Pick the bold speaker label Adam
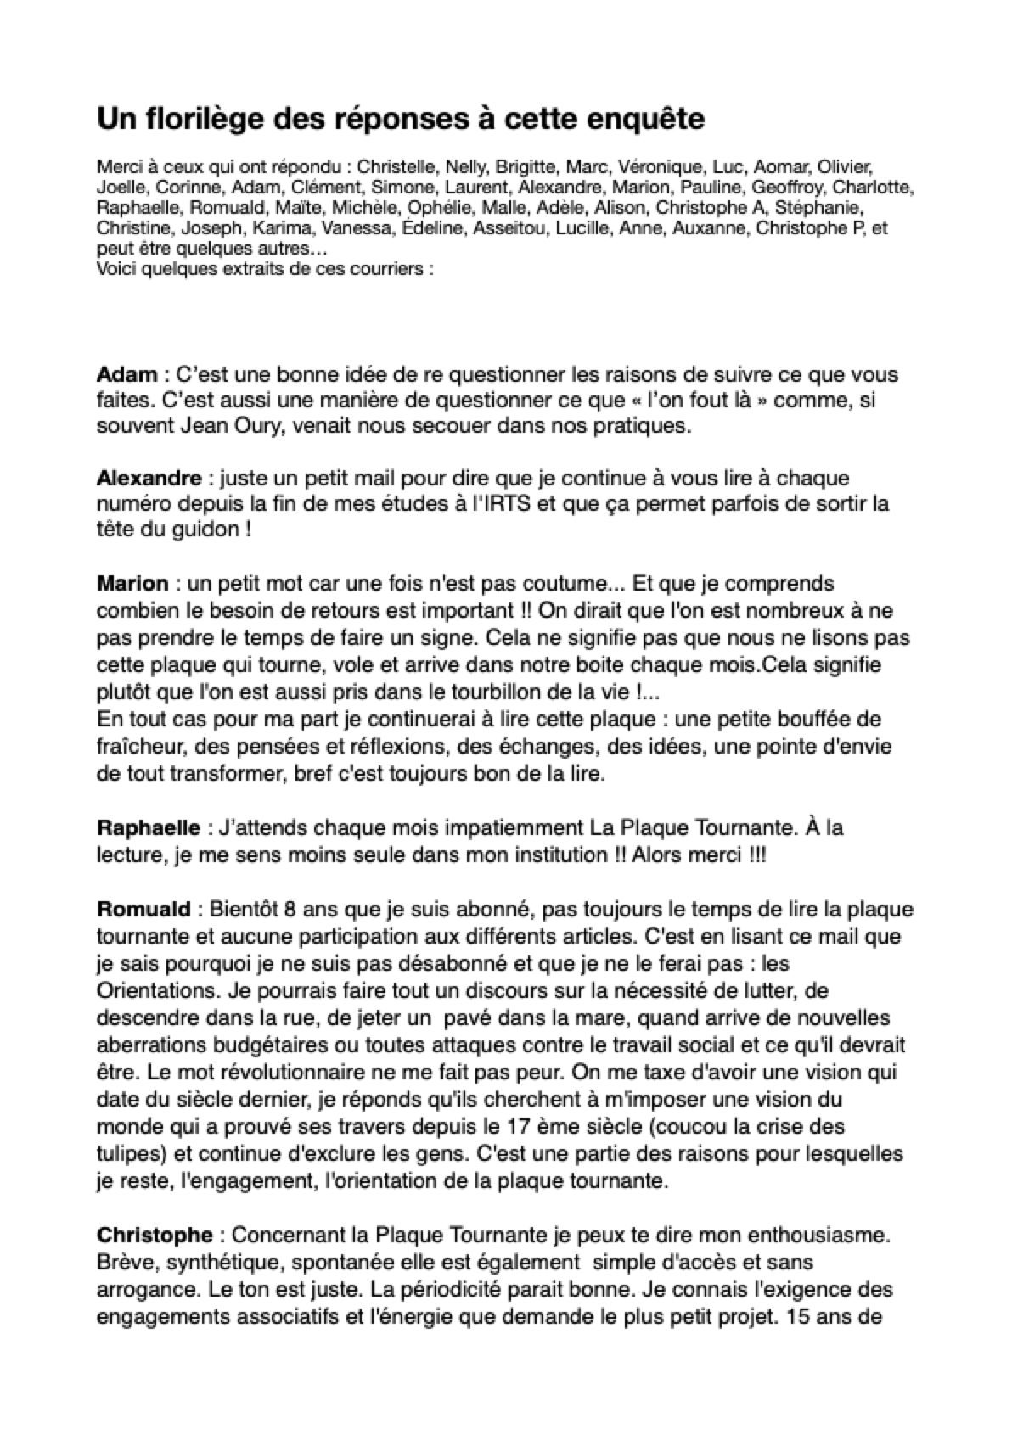tap(127, 374)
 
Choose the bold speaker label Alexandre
tap(149, 478)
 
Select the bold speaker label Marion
tap(132, 583)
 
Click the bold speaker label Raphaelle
tap(149, 827)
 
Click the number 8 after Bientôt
tap(290, 910)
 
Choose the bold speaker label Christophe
tap(155, 1236)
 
